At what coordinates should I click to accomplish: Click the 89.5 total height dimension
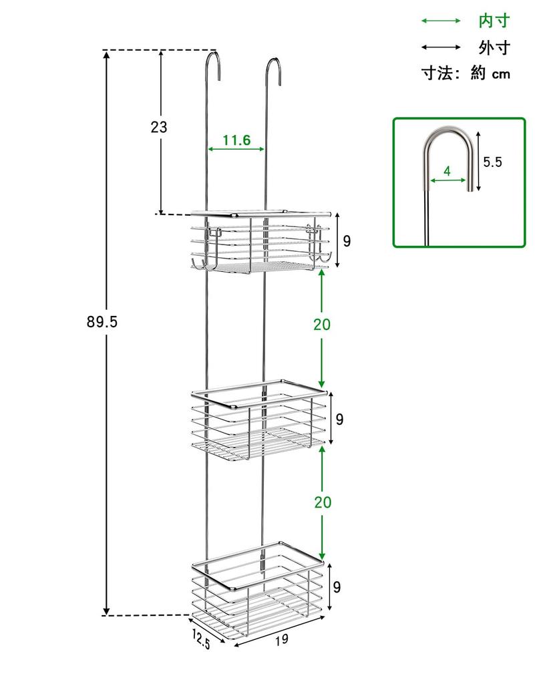click(102, 322)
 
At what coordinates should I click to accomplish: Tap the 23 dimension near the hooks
click(158, 127)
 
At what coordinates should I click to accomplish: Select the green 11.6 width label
click(236, 140)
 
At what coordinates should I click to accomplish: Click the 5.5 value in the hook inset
click(493, 161)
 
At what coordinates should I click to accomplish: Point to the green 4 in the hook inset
click(447, 171)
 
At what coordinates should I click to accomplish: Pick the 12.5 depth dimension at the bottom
click(201, 639)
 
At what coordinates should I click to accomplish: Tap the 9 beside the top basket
click(347, 241)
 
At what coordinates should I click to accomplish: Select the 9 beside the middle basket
click(339, 419)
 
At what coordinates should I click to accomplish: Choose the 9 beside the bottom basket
click(337, 587)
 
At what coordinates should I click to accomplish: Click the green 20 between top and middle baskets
click(322, 325)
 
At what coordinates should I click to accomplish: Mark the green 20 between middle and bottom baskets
click(322, 502)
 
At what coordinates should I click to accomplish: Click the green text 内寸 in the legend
click(494, 21)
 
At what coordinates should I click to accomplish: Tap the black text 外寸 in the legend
click(494, 47)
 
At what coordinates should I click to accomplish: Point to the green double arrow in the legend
click(441, 21)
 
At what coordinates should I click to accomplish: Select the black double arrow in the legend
click(441, 47)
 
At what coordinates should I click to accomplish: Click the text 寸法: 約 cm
click(466, 73)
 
